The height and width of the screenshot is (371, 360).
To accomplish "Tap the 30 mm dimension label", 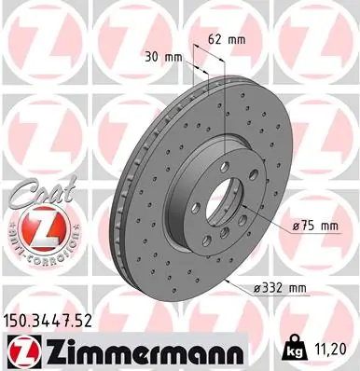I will tap(166, 56).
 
